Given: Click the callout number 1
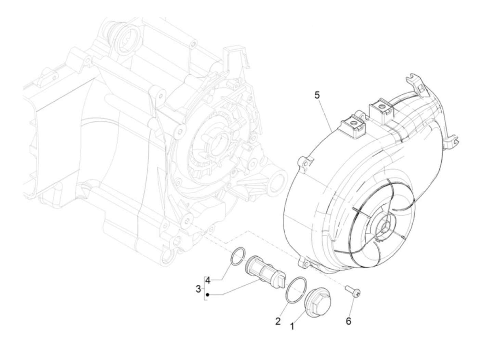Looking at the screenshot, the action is tap(292, 326).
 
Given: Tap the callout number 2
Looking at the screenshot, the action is tap(278, 321).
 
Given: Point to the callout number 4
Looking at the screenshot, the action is tap(207, 280).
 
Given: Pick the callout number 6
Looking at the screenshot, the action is tap(348, 321).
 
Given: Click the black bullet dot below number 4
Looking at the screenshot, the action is tap(207, 294).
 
